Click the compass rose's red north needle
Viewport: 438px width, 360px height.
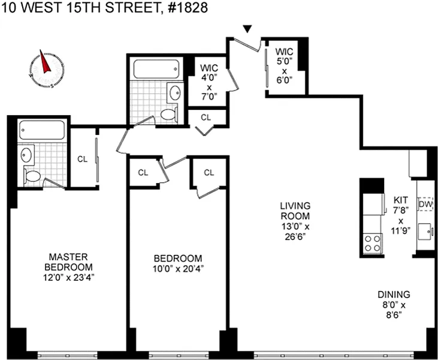pos(44,62)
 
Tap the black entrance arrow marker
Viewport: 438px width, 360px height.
pos(247,29)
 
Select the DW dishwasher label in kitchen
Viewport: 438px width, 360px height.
pos(425,204)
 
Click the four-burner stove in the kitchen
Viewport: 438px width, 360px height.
pos(373,243)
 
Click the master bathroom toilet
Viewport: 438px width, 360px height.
pos(32,176)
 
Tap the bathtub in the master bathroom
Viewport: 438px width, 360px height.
pos(42,130)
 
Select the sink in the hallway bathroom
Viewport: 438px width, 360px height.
pos(176,92)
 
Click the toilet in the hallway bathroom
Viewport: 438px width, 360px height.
pos(168,115)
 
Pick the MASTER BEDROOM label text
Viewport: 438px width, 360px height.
pos(68,262)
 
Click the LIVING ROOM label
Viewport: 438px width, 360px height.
pos(295,211)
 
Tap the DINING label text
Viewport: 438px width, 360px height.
pos(394,294)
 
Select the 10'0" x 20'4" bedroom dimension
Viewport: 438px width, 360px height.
pos(178,269)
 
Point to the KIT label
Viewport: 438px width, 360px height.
pos(401,200)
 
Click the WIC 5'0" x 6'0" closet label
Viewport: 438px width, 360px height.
pos(285,66)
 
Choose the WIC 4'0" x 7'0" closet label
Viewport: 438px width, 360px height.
pos(209,82)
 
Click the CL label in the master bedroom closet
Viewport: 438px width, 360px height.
pos(83,159)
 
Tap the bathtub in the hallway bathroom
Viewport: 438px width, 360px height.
pos(156,69)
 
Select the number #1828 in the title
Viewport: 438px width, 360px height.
pos(187,8)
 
